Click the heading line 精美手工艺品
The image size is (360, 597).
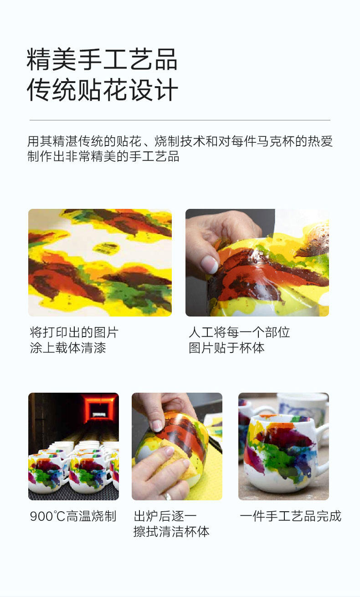(x=102, y=59)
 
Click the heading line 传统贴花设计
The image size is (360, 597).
(x=102, y=89)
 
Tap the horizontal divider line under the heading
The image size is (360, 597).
(x=180, y=120)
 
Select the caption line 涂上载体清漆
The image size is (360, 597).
(x=68, y=348)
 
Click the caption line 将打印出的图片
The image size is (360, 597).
(x=74, y=332)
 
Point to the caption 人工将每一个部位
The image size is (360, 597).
(x=239, y=332)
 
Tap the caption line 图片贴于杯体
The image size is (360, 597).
(x=226, y=348)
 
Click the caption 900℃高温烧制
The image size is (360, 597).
(x=73, y=516)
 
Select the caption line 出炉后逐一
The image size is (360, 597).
(x=165, y=516)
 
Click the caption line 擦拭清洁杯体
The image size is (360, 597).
(x=171, y=531)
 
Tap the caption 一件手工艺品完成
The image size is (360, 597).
(x=290, y=516)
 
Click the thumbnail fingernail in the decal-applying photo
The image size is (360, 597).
(x=209, y=264)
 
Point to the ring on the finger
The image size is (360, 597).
(x=168, y=496)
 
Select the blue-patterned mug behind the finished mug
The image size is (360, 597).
(x=302, y=408)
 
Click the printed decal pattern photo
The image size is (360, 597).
(x=100, y=263)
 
